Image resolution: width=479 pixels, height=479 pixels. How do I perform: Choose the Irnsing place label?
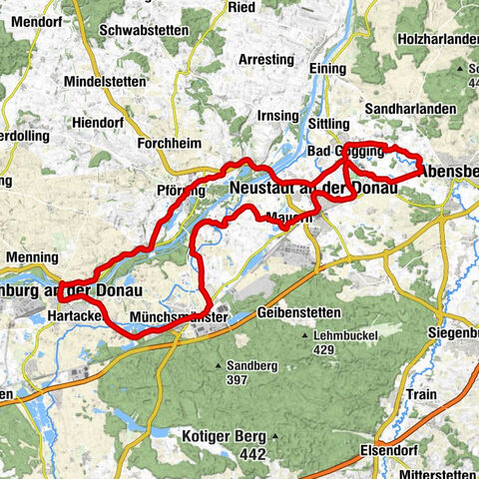point(276,117)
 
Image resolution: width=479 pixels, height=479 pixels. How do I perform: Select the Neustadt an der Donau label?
point(312,188)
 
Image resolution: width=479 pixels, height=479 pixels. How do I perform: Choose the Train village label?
point(422,395)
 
